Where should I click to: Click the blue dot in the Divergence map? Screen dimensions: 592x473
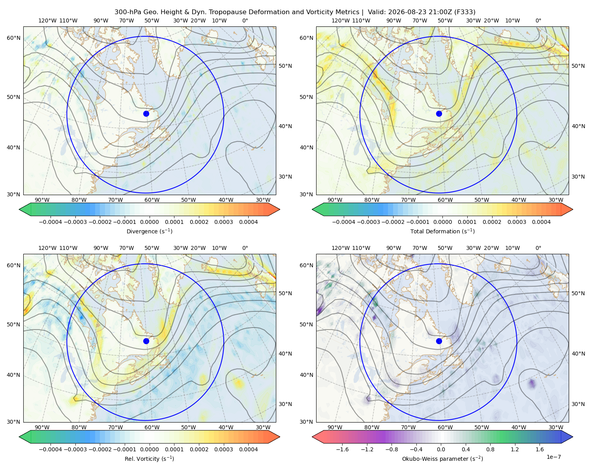coord(146,114)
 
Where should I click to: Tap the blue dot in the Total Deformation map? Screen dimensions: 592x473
coord(439,114)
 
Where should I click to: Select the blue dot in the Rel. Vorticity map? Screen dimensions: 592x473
coord(146,341)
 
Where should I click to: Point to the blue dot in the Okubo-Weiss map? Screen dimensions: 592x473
coord(439,341)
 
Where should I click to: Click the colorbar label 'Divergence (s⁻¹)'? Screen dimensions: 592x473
coord(149,231)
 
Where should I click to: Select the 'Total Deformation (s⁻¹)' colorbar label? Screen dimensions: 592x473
coord(442,231)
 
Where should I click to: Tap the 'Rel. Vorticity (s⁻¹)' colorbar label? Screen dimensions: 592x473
coord(149,458)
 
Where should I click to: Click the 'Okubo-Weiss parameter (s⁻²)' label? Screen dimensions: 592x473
coord(442,458)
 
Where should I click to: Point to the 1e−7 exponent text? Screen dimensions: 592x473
coord(553,457)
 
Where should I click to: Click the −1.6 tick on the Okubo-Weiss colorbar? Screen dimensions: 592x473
coord(342,449)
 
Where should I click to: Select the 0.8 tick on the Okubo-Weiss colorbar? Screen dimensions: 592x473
coord(490,449)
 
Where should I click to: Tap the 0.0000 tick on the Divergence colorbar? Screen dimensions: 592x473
coord(149,222)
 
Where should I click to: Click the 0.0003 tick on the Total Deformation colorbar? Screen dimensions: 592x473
coord(517,222)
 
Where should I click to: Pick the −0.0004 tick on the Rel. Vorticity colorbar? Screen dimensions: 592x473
coord(51,449)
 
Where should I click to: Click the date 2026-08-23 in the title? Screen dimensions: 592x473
coord(405,12)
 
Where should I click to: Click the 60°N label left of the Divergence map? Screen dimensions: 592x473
coord(13,38)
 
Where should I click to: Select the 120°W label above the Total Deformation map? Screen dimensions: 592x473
coord(340,20)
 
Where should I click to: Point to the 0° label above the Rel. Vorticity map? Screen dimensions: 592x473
coord(245,248)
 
